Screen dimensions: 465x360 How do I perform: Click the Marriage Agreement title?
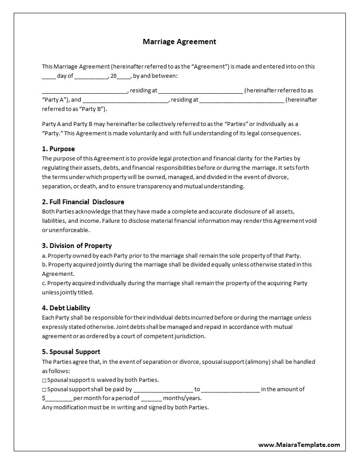[x=179, y=42]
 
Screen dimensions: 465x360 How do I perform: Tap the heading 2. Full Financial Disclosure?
[x=83, y=202]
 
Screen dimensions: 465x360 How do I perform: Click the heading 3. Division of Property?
[x=77, y=246]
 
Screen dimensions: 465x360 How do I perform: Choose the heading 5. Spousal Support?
[x=71, y=352]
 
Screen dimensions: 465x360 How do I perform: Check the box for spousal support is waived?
[x=44, y=380]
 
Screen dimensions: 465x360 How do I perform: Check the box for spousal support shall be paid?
[x=44, y=389]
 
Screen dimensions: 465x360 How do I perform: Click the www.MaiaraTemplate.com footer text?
[x=299, y=445]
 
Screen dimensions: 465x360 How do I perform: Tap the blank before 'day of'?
[x=49, y=76]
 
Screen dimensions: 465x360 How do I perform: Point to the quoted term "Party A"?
[x=55, y=100]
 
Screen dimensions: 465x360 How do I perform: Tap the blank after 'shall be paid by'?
[x=163, y=390]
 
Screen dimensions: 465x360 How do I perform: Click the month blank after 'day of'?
[x=91, y=76]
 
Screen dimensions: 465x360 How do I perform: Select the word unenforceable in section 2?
[x=68, y=230]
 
